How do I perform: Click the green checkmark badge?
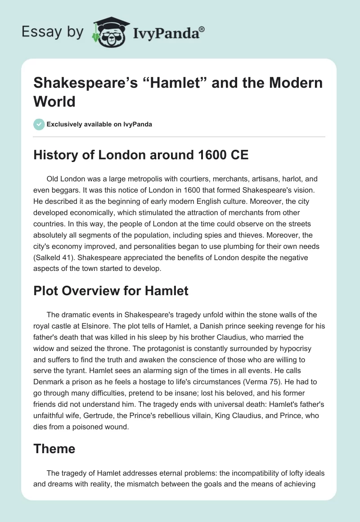point(39,124)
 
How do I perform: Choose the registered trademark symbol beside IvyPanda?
point(202,28)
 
